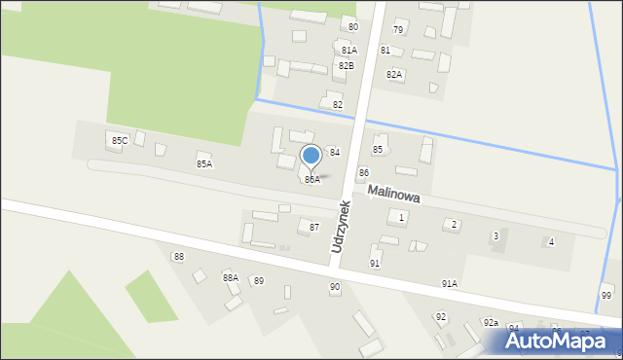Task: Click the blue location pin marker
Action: (x=311, y=157)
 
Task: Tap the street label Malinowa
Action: (x=394, y=196)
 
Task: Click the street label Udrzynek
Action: (x=341, y=227)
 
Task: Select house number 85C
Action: (x=119, y=141)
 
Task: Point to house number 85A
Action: (x=204, y=163)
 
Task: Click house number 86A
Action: (x=311, y=180)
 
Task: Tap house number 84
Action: (x=334, y=153)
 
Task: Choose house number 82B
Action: (x=346, y=65)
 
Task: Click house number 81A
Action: (x=348, y=50)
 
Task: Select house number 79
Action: (x=398, y=30)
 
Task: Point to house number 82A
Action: (x=394, y=74)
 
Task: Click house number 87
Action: (x=314, y=227)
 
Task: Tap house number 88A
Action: (x=231, y=278)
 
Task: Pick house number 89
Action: (x=258, y=280)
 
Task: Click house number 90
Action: (x=335, y=286)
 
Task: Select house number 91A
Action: (x=449, y=283)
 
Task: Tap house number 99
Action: (x=606, y=295)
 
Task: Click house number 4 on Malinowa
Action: (x=551, y=241)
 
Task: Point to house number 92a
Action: (x=491, y=322)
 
